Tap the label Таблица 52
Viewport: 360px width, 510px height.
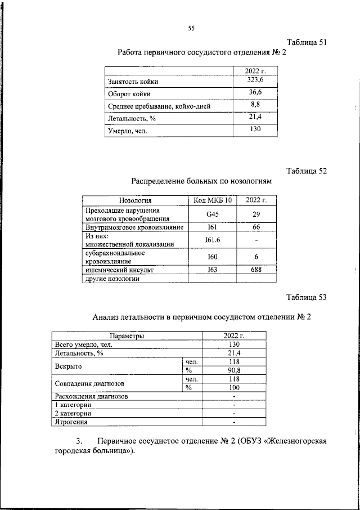tap(306, 171)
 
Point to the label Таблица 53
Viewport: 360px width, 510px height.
tap(306, 298)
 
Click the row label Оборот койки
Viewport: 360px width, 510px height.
tap(129, 94)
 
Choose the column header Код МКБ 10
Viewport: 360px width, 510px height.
tap(212, 200)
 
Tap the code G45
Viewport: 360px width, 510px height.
tap(212, 214)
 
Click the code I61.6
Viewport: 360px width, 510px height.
tap(212, 240)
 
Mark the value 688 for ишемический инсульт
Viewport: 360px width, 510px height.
tap(256, 270)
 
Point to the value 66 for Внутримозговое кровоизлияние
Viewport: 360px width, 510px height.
tap(256, 227)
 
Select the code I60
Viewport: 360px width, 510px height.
tap(212, 257)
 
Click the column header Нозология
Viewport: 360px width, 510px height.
tap(136, 200)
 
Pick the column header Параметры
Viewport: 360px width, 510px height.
tap(127, 336)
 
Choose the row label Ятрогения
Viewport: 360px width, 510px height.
tap(70, 421)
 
